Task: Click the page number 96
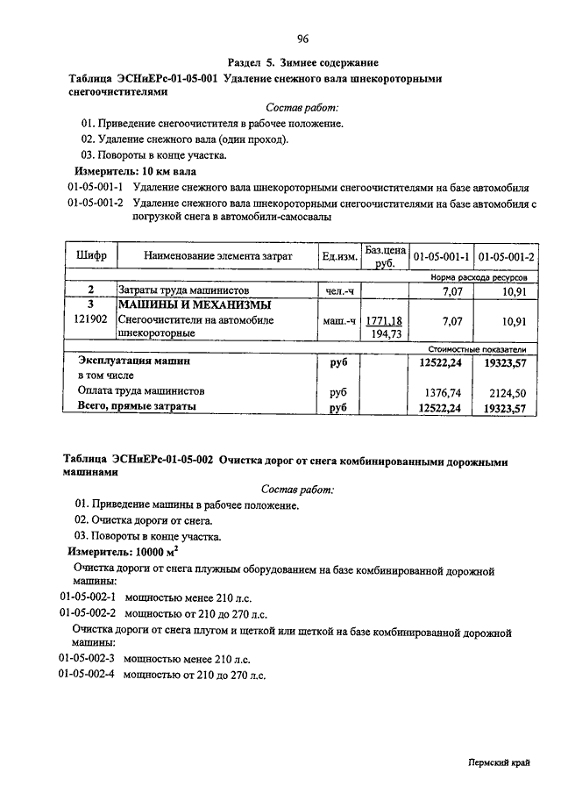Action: pyautogui.click(x=302, y=39)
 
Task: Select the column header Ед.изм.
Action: pyautogui.click(x=339, y=257)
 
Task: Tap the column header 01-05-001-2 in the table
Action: pyautogui.click(x=507, y=256)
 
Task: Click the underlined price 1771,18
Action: pyautogui.click(x=383, y=321)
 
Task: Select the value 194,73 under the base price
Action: pyautogui.click(x=386, y=334)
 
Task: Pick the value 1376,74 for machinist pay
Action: pyautogui.click(x=443, y=392)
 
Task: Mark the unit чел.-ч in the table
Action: pyautogui.click(x=339, y=290)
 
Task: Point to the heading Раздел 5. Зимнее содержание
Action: pyautogui.click(x=302, y=63)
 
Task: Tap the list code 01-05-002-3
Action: pyautogui.click(x=88, y=657)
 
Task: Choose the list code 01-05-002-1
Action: pyautogui.click(x=88, y=596)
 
